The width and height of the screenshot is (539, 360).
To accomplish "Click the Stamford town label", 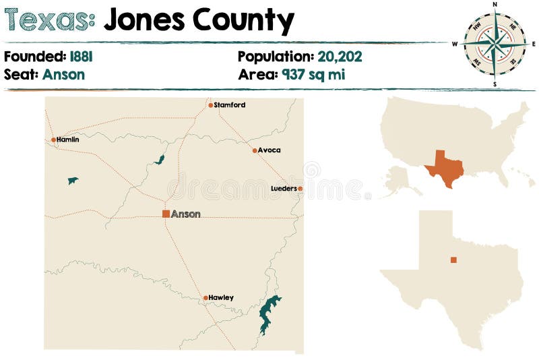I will pyautogui.click(x=230, y=105).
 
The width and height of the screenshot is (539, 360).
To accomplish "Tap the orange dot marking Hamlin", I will pyautogui.click(x=53, y=140).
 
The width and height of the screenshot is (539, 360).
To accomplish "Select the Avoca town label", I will pyautogui.click(x=269, y=150).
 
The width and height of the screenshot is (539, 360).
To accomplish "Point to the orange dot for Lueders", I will pyautogui.click(x=300, y=189).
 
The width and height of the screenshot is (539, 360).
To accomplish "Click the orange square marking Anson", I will pyautogui.click(x=166, y=214).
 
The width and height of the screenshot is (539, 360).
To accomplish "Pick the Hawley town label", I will pyautogui.click(x=221, y=297).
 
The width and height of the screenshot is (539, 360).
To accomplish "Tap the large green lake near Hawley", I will pyautogui.click(x=269, y=313).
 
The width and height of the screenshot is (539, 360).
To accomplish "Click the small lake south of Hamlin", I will pyautogui.click(x=72, y=180).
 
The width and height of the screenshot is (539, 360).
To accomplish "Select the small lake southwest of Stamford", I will pyautogui.click(x=160, y=160).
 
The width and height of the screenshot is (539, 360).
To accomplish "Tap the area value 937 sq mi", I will pyautogui.click(x=313, y=74).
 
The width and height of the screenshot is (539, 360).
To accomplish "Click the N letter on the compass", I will pyautogui.click(x=495, y=5).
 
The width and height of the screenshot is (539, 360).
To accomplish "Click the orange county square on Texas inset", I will pyautogui.click(x=453, y=260).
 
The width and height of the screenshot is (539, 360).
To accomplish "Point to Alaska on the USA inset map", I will pyautogui.click(x=397, y=179).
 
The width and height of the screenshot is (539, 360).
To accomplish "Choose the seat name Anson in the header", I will pyautogui.click(x=63, y=74).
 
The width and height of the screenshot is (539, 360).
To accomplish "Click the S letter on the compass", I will pyautogui.click(x=495, y=84).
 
